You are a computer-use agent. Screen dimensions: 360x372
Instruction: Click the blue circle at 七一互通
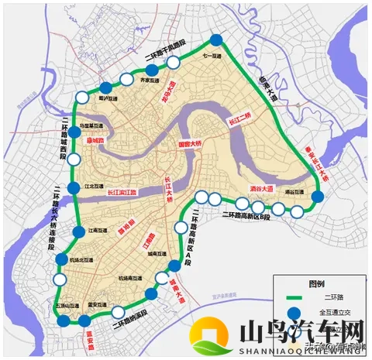pyautogui.click(x=216, y=41)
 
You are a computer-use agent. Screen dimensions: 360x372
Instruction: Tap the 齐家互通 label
pyautogui.click(x=150, y=80)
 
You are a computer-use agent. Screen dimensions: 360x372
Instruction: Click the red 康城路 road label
pyautogui.click(x=95, y=142)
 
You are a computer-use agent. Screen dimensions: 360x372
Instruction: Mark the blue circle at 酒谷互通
pyautogui.click(x=317, y=198)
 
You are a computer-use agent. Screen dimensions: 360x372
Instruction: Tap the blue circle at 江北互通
pyautogui.click(x=73, y=188)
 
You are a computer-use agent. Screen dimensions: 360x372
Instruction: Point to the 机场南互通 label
pyautogui.click(x=128, y=277)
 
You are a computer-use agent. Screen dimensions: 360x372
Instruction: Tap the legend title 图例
pyautogui.click(x=315, y=283)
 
